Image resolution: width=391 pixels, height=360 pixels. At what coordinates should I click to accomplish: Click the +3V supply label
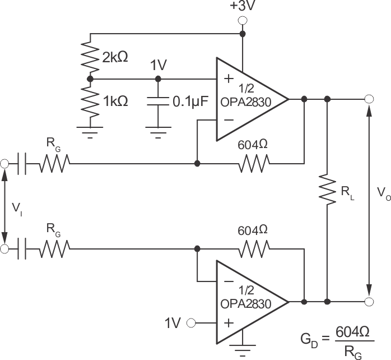coord(242,7)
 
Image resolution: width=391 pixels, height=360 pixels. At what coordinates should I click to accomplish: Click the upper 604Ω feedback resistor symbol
coord(254,164)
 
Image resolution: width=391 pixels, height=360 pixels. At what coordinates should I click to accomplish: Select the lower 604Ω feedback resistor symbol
coord(254,247)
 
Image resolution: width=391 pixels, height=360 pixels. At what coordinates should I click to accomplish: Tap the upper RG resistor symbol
coord(54,164)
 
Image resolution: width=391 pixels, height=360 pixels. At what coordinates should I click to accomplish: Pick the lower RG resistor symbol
coord(54,247)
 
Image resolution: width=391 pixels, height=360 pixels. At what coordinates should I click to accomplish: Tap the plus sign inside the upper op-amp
coord(228,79)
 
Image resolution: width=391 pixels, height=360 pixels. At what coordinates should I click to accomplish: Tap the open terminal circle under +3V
coord(243,21)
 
